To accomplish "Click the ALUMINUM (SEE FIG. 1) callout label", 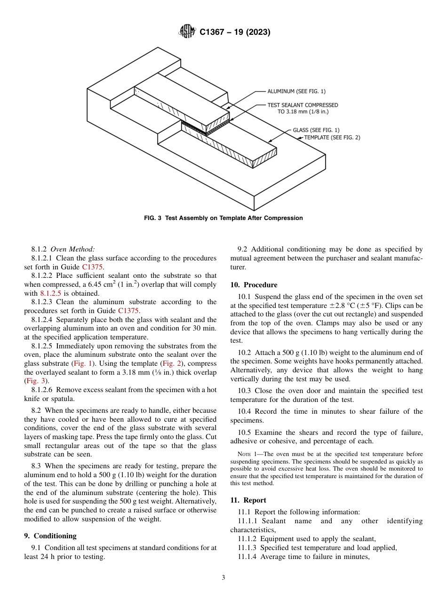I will (x=296, y=91).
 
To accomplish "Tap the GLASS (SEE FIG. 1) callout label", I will (x=316, y=130).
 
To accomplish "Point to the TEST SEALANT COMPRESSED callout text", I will (x=303, y=105).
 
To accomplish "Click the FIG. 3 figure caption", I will (x=223, y=218).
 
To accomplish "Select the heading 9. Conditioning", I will (x=50, y=536).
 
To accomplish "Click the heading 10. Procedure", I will (x=254, y=285).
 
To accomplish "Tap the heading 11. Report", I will (x=248, y=500).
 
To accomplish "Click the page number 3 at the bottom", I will (x=223, y=578).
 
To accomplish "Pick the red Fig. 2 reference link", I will (x=168, y=363).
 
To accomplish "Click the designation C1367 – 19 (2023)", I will (x=235, y=32).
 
